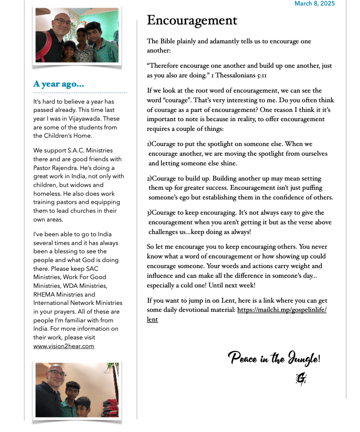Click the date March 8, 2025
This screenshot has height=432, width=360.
point(314,4)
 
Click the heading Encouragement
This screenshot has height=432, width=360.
point(192,20)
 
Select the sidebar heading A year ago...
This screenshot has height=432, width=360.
point(59,84)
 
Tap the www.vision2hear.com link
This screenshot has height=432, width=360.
point(64,346)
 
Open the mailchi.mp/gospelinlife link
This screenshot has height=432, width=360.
point(282,310)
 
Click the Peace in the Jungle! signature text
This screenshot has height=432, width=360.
point(274,357)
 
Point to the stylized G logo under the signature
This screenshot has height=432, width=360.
point(301,379)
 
